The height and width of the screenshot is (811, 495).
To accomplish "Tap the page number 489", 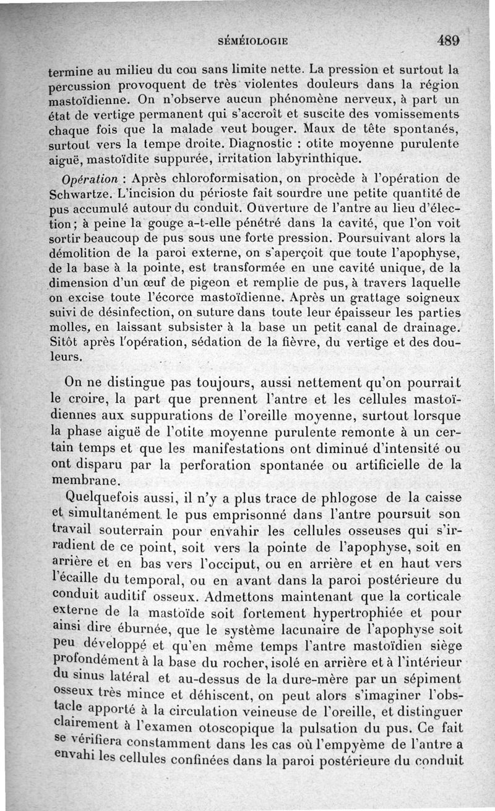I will [x=450, y=41].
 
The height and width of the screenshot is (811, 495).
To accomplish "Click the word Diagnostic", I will [x=260, y=145].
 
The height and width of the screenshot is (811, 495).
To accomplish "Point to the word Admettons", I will [x=251, y=597].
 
